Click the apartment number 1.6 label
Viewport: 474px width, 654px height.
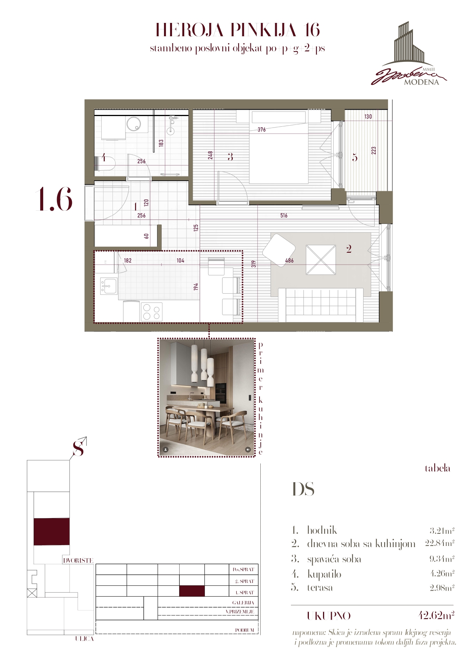coord(54,200)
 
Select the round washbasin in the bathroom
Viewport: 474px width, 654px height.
coord(134,124)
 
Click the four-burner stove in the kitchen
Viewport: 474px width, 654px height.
coord(152,312)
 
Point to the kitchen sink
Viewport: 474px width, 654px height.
coord(109,285)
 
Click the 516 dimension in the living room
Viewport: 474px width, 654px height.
coord(284,215)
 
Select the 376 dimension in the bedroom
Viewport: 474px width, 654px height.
coord(261,130)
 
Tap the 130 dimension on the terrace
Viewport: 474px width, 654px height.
coord(368,116)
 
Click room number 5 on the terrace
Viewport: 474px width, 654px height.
coord(355,158)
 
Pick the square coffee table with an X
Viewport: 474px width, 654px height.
coord(321,260)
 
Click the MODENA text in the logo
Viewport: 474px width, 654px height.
coord(421,82)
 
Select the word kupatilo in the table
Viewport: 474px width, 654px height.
coord(324,574)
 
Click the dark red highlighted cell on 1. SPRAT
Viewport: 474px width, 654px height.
coord(192,591)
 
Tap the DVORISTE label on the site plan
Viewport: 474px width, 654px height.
coord(78,560)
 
